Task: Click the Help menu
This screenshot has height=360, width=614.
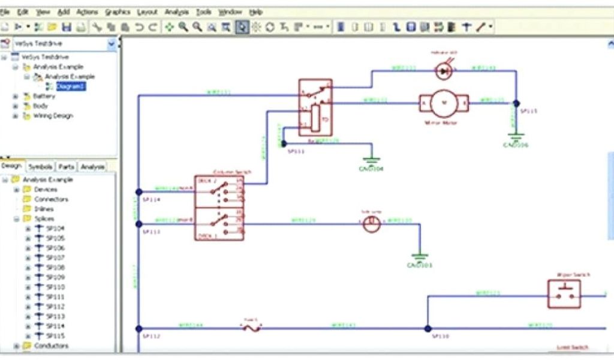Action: click(x=256, y=12)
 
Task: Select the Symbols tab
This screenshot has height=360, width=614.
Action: click(x=40, y=167)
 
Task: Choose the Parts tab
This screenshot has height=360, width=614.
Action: click(x=67, y=167)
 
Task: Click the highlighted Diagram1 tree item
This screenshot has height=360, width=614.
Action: click(x=71, y=86)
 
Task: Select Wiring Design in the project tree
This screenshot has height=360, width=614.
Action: click(x=53, y=116)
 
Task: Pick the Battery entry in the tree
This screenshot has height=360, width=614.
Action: click(x=44, y=96)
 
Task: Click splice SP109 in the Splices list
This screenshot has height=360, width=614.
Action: click(x=55, y=278)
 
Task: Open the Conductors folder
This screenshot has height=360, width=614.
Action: click(x=51, y=346)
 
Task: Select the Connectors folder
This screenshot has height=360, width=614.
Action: click(x=51, y=199)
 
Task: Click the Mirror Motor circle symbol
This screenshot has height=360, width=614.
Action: click(x=444, y=103)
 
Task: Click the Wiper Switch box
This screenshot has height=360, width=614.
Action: click(x=564, y=293)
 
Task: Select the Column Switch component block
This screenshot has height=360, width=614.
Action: click(x=219, y=208)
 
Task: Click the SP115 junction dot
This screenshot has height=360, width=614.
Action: click(x=516, y=103)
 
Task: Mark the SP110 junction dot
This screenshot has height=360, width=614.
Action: click(x=428, y=329)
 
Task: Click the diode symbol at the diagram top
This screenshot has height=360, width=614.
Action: click(x=444, y=71)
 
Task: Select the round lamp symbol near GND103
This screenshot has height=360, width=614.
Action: click(x=372, y=225)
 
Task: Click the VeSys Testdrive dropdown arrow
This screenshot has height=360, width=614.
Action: click(x=112, y=44)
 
